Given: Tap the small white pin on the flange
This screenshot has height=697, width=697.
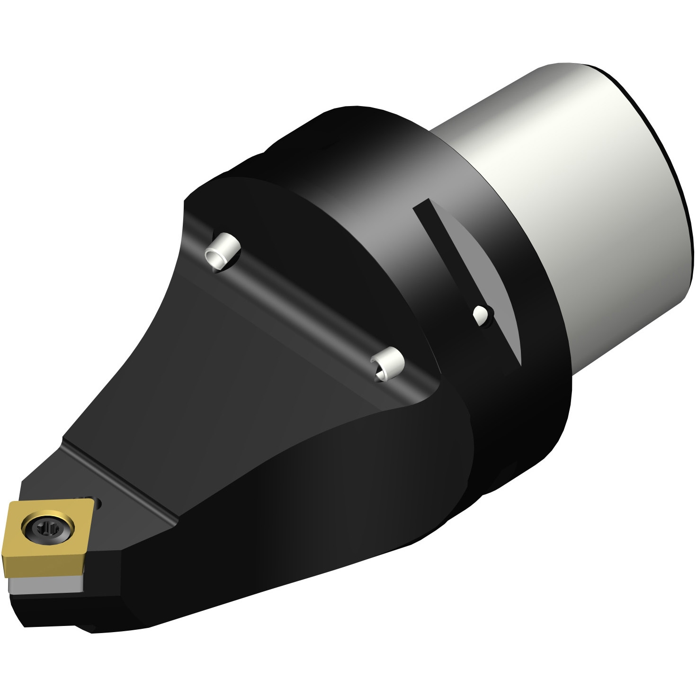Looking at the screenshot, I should (481, 314).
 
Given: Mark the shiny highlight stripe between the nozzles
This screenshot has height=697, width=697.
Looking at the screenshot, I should (303, 308).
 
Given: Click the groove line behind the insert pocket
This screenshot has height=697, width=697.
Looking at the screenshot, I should (123, 478).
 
